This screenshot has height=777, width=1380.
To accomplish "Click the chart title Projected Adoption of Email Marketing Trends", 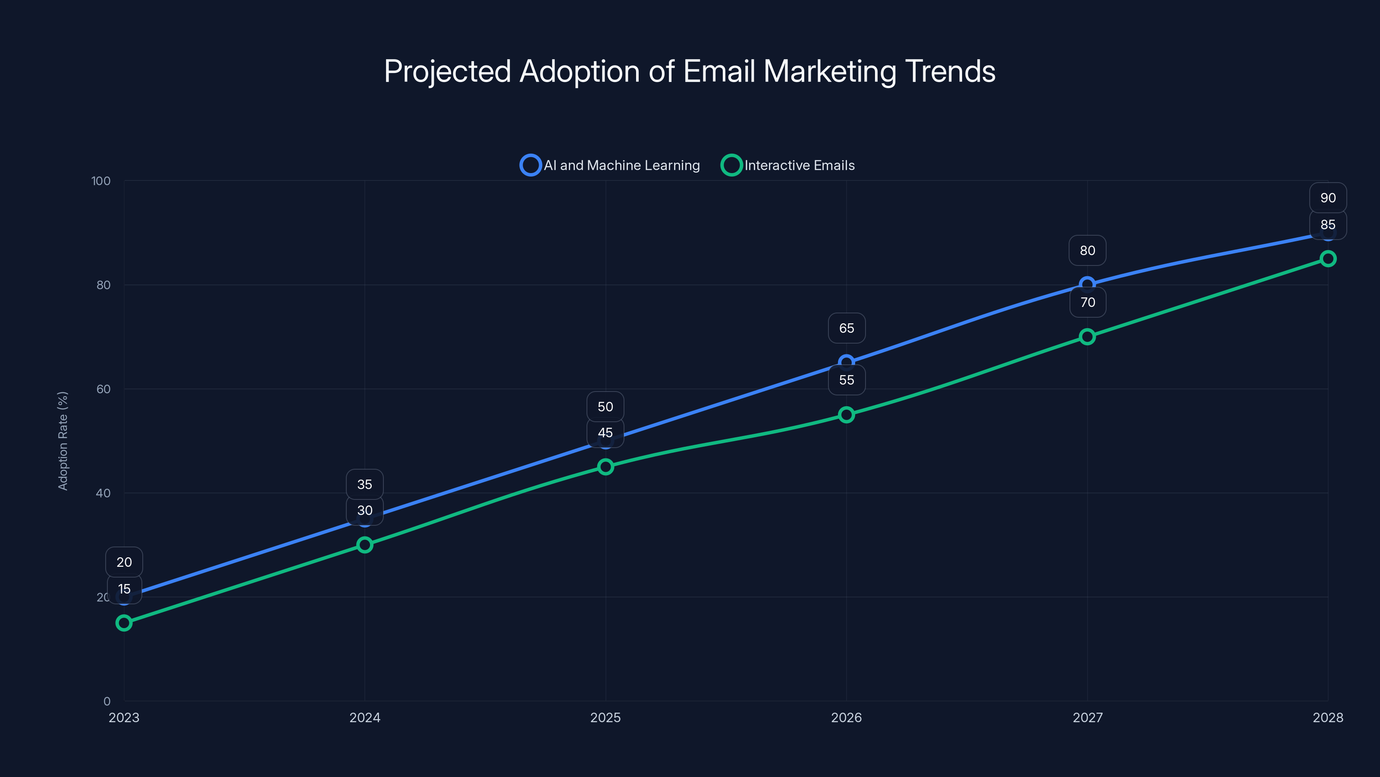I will click(690, 71).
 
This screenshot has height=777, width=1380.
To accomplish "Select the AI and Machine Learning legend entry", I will click(610, 165).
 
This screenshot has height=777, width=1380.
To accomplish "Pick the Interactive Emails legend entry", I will click(789, 165).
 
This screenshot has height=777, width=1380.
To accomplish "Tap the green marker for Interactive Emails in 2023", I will click(124, 622).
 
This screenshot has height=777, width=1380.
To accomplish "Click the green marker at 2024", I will click(365, 545).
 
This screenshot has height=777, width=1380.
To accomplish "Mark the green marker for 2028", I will click(1327, 259).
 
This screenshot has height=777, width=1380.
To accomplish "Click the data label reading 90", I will click(1327, 198).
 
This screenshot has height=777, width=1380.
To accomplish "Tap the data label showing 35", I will click(365, 484).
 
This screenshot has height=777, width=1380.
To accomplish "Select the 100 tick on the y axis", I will click(101, 181).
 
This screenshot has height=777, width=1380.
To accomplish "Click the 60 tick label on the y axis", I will click(103, 389).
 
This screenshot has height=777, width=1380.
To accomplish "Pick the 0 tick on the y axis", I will click(107, 701).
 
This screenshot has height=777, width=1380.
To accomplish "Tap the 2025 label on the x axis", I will click(605, 717).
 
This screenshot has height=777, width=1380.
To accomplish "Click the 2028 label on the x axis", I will click(1327, 717).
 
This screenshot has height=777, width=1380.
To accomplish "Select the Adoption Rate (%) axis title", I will click(63, 441).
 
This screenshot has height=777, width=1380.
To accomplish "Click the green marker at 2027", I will click(1087, 337).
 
